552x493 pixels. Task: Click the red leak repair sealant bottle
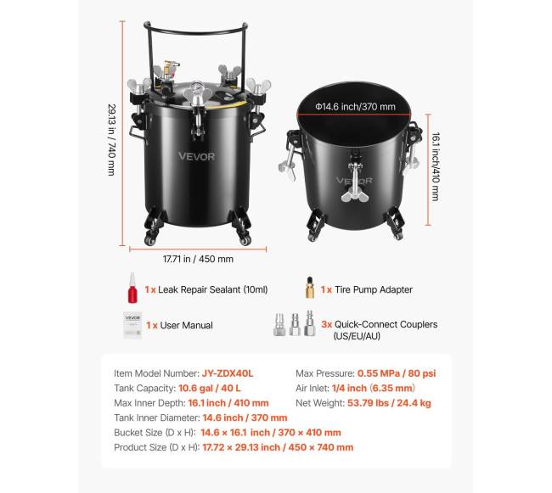(132, 288)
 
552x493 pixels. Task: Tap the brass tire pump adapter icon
(310, 288)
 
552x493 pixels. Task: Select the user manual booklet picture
(132, 325)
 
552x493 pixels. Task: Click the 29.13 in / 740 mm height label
(111, 140)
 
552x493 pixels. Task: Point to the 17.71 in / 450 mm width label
(198, 259)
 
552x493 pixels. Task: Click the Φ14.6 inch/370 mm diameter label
(355, 106)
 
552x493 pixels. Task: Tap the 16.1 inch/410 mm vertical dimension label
(436, 166)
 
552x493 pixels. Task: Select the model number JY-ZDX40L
(228, 373)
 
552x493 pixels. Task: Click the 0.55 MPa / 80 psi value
(397, 373)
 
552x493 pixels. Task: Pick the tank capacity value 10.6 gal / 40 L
(210, 389)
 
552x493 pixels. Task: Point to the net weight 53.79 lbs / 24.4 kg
(389, 403)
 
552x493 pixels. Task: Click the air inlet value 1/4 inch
(349, 389)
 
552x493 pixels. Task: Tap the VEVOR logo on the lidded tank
(196, 156)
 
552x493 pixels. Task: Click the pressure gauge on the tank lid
(198, 89)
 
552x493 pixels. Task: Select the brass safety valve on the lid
(170, 70)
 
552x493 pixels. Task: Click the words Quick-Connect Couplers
(386, 324)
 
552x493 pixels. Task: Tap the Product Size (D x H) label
(156, 447)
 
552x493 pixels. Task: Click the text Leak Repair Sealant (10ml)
(213, 289)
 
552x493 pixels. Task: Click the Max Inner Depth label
(149, 403)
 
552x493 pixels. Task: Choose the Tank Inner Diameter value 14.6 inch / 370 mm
(245, 417)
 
